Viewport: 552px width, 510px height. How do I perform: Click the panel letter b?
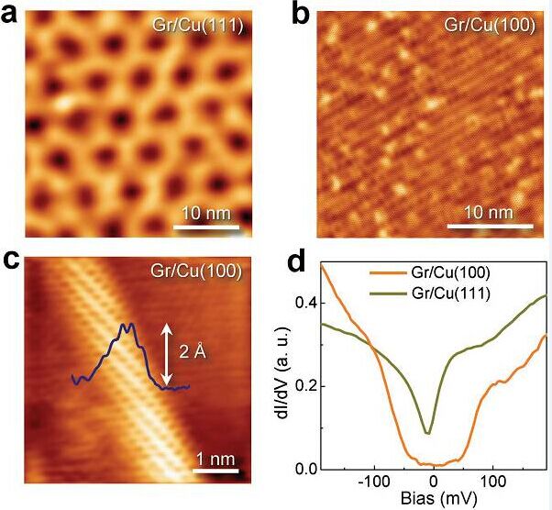pos(299,14)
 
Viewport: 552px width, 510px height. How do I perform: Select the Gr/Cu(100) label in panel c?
pos(198,271)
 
